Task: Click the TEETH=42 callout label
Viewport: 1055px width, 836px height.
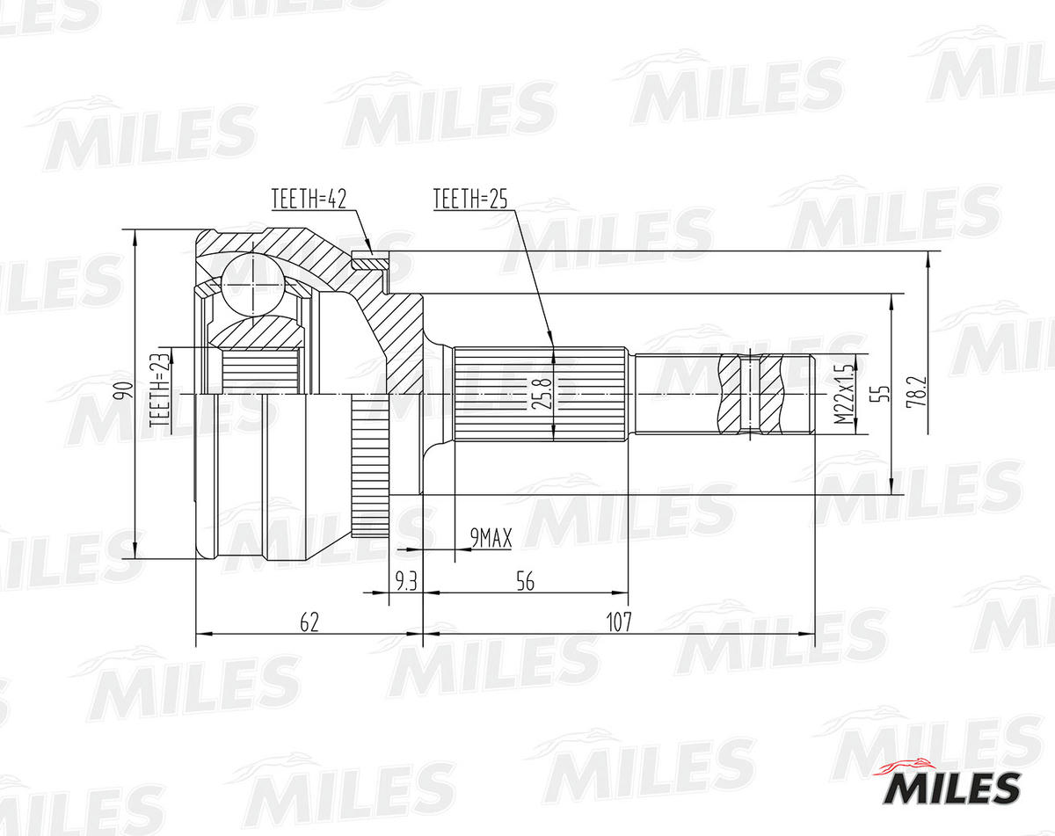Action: [x=309, y=200]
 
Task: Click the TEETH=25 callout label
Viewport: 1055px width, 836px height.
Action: [x=470, y=200]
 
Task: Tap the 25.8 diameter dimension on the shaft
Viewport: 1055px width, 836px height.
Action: [x=538, y=394]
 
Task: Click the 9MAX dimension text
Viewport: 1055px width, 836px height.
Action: [x=491, y=538]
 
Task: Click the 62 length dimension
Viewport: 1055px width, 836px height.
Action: [x=309, y=622]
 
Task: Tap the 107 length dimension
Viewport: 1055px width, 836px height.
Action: [x=619, y=622]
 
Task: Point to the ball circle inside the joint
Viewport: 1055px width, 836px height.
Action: [x=252, y=284]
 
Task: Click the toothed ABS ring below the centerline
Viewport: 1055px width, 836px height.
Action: [x=367, y=466]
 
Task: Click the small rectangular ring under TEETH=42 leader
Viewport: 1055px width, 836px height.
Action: [x=369, y=260]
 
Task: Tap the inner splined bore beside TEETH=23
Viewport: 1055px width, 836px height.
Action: [x=258, y=370]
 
